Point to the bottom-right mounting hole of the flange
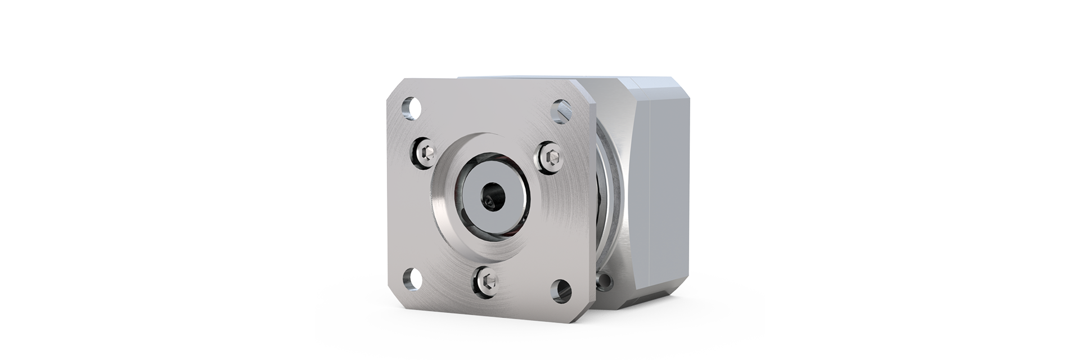561,287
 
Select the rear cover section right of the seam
669,186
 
